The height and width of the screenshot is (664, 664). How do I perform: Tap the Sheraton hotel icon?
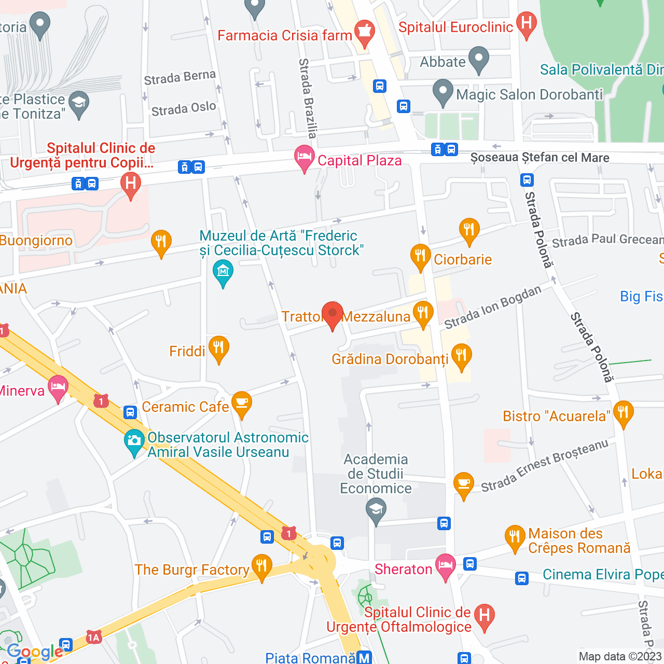pyautogui.click(x=446, y=566)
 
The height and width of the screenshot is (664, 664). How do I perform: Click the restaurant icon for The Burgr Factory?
pyautogui.click(x=261, y=566)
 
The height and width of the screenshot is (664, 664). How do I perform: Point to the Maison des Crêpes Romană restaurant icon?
pyautogui.click(x=515, y=537)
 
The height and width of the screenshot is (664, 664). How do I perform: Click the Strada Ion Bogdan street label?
pyautogui.click(x=493, y=307)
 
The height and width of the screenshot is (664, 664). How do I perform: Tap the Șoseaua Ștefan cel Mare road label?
pyautogui.click(x=539, y=158)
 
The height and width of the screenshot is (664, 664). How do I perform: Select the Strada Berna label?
pyautogui.click(x=179, y=78)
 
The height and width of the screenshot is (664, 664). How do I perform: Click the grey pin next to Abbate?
pyautogui.click(x=478, y=59)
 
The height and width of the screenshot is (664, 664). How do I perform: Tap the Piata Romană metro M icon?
pyautogui.click(x=365, y=658)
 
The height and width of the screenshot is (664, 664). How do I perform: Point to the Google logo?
pyautogui.click(x=35, y=652)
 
